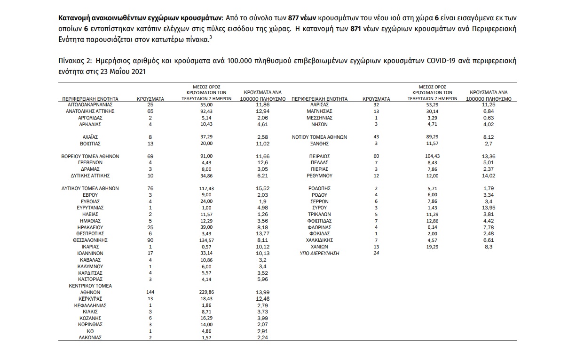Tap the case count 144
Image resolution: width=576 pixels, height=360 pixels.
coord(151,292)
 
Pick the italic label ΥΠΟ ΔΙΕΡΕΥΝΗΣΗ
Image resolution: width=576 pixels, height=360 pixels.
coord(320,253)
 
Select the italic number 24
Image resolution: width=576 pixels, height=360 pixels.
coord(376,253)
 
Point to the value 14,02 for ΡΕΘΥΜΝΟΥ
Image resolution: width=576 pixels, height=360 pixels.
coord(489,176)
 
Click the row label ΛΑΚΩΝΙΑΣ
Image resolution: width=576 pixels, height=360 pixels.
coord(90,337)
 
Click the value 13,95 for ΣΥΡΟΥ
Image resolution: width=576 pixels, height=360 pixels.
coord(489,208)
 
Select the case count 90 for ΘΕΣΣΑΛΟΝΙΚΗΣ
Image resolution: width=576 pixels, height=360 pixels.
coord(151,240)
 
